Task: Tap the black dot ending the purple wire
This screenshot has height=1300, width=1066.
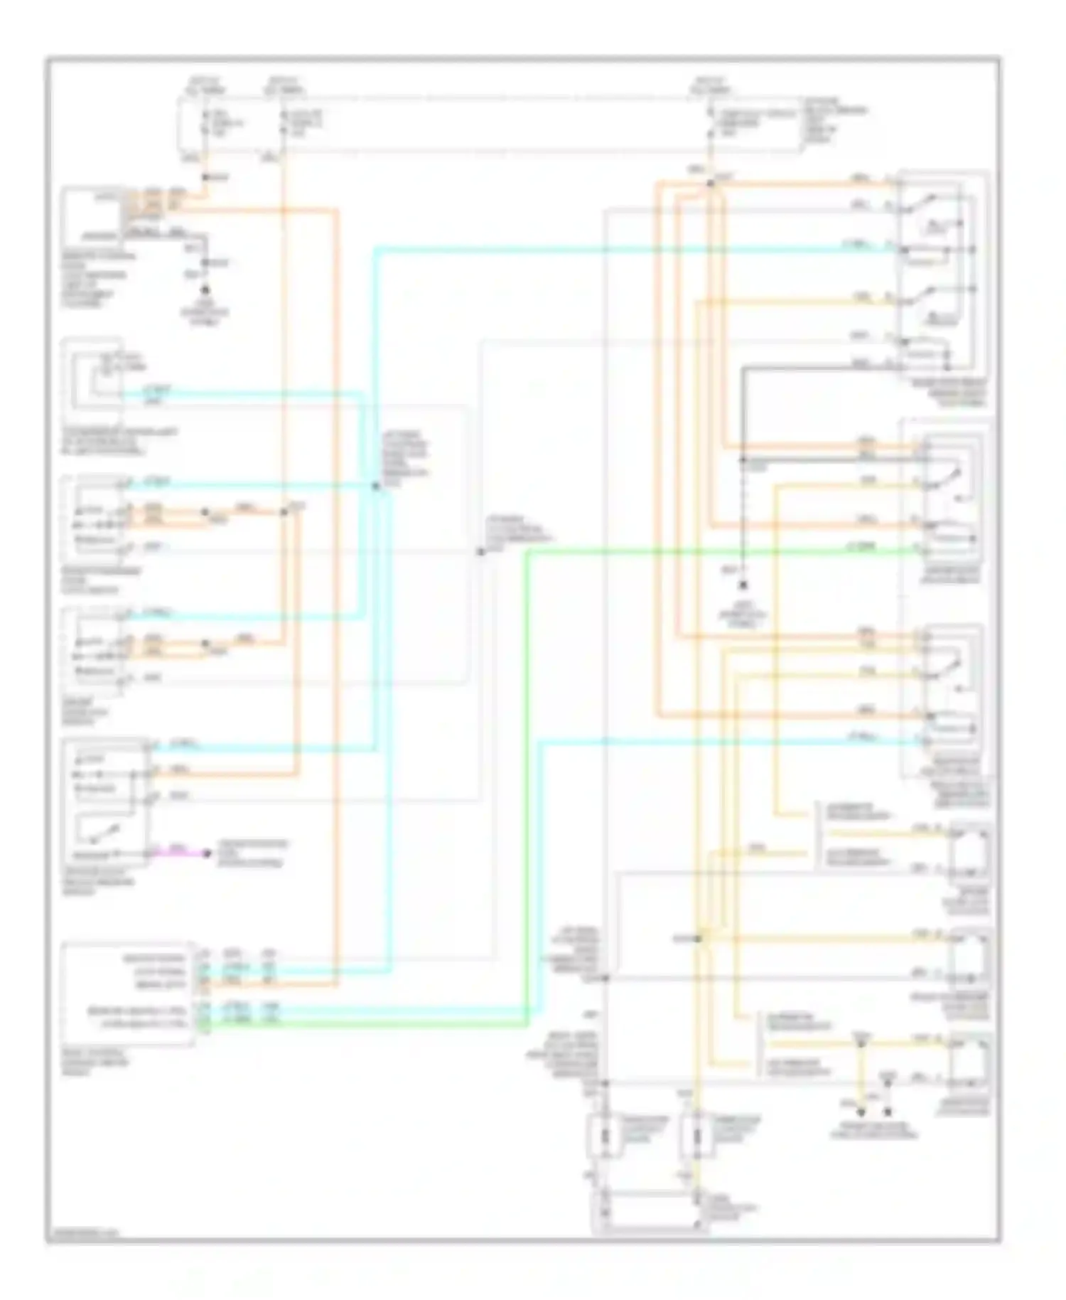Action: click(x=207, y=853)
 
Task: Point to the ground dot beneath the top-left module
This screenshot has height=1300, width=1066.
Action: click(x=205, y=290)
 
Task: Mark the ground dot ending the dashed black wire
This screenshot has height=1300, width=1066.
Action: click(x=743, y=585)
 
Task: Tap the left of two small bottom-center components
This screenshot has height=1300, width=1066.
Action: click(x=603, y=1136)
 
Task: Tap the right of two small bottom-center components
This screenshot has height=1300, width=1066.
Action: click(x=697, y=1136)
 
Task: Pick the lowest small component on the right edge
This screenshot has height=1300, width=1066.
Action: click(x=969, y=1061)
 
